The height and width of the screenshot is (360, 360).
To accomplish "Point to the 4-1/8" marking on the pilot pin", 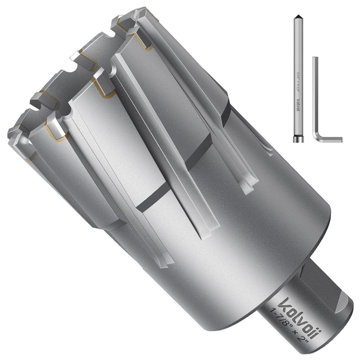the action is point(298,91).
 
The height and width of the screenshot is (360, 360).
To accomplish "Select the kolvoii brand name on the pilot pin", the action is point(298,106).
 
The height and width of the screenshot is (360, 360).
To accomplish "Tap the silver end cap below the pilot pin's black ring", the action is point(298,141).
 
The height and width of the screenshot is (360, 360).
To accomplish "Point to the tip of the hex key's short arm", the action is point(341,140).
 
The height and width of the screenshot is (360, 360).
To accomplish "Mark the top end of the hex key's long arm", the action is point(315,57).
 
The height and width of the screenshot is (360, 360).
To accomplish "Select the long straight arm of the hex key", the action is point(315,97).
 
